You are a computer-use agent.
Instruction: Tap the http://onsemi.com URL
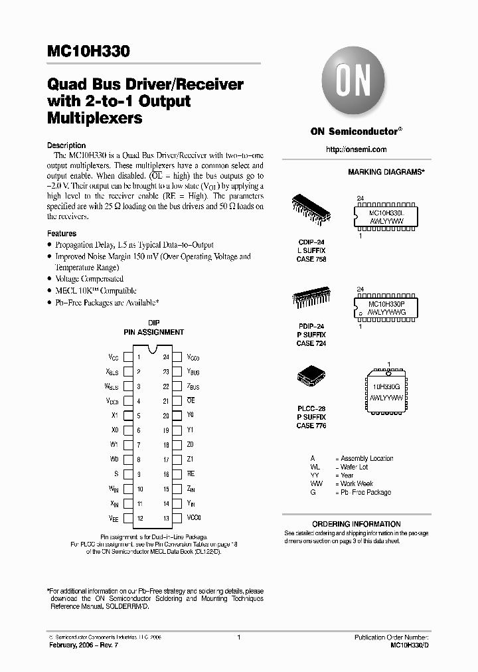[x=357, y=149]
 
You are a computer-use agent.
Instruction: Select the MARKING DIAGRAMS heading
[x=386, y=172]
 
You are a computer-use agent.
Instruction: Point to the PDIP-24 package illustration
[x=310, y=299]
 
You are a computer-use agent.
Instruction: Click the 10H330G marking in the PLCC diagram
[x=385, y=385]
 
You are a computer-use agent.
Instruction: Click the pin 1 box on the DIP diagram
[x=138, y=357]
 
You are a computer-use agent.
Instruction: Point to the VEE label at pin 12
[x=114, y=519]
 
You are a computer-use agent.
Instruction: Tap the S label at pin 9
[x=116, y=474]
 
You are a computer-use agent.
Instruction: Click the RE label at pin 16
[x=191, y=474]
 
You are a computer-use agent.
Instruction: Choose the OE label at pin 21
[x=191, y=400]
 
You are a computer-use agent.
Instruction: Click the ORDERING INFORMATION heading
[x=357, y=524]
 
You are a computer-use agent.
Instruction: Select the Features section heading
[x=62, y=234]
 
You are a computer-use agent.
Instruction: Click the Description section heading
[x=66, y=145]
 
